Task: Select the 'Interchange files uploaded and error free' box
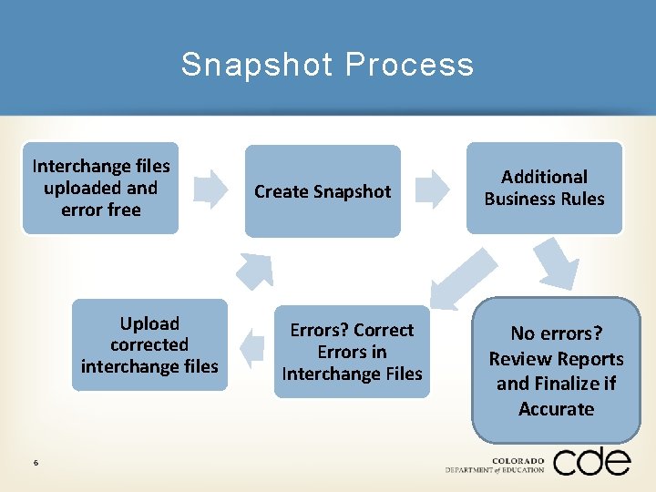[100, 189]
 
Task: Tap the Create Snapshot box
[323, 191]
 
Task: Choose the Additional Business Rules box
[544, 188]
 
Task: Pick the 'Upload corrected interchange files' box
[149, 345]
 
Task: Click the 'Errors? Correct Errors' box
[352, 352]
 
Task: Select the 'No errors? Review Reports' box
[556, 371]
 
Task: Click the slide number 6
[35, 463]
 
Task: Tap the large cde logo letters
[591, 462]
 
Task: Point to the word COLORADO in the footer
[518, 460]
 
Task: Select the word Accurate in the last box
[556, 409]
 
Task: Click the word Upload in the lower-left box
[149, 323]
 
